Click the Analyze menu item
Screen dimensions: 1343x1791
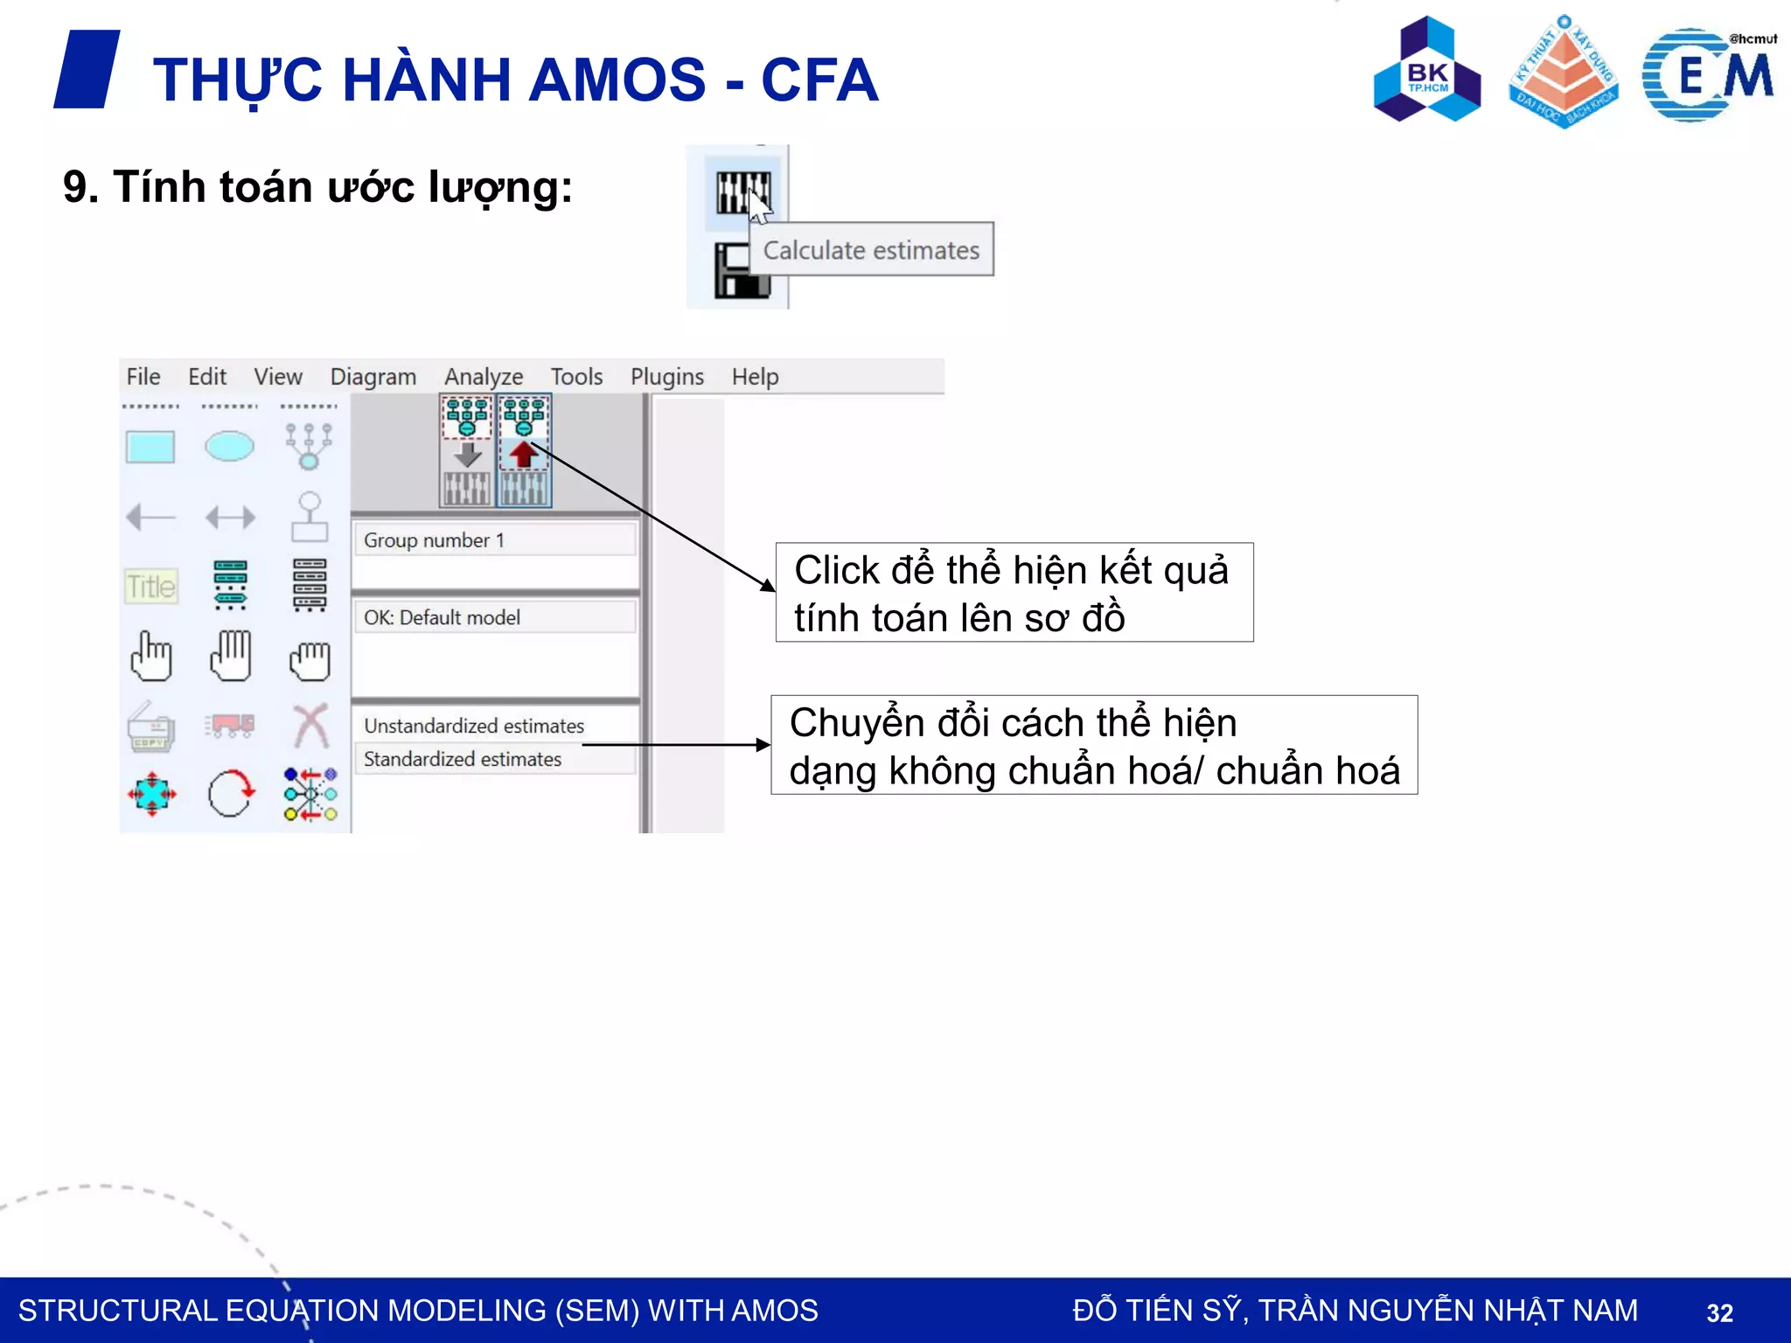pyautogui.click(x=483, y=377)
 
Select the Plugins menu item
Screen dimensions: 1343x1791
pyautogui.click(x=666, y=377)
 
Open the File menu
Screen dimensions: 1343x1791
pyautogui.click(x=143, y=377)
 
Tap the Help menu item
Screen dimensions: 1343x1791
pyautogui.click(x=755, y=377)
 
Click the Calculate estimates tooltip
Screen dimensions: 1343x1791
pyautogui.click(x=871, y=250)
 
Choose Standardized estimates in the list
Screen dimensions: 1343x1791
pyautogui.click(x=463, y=759)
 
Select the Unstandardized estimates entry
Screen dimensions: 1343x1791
pyautogui.click(x=474, y=726)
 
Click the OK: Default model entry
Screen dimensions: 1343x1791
pyautogui.click(x=442, y=617)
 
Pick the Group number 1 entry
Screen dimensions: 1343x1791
pyautogui.click(x=434, y=540)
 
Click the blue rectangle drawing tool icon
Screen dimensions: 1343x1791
pyautogui.click(x=150, y=447)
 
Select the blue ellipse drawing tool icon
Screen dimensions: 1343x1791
pyautogui.click(x=230, y=446)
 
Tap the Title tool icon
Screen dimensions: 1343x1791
pyautogui.click(x=151, y=586)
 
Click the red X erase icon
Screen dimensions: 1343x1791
pyautogui.click(x=310, y=726)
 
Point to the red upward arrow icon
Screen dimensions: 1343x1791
pyautogui.click(x=523, y=454)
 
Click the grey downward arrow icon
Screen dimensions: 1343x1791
pyautogui.click(x=468, y=454)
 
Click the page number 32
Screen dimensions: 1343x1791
pyautogui.click(x=1719, y=1312)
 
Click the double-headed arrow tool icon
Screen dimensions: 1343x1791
pyautogui.click(x=230, y=518)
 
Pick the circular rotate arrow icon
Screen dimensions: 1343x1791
pyautogui.click(x=231, y=794)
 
